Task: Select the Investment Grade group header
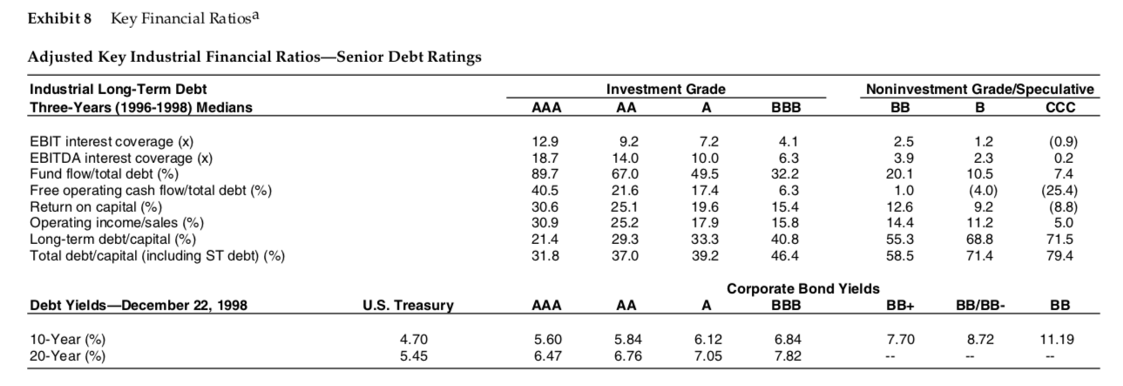point(677,89)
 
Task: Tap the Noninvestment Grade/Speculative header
point(979,89)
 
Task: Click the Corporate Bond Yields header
point(802,288)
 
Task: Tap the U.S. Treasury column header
point(408,306)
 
